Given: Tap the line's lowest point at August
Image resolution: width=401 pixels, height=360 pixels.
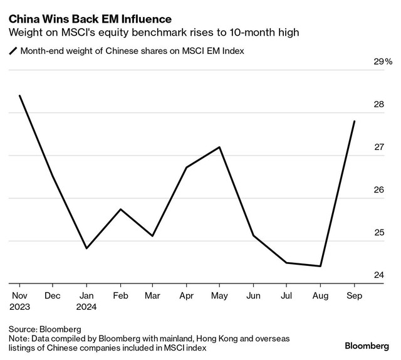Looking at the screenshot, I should (x=321, y=266).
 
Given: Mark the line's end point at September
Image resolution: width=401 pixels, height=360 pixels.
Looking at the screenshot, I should (x=355, y=121).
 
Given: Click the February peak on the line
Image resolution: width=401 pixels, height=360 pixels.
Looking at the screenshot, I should (x=120, y=209).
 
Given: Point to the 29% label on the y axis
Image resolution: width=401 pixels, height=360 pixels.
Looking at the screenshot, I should (x=382, y=62).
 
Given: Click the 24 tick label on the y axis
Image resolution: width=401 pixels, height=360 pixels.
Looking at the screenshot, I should (x=378, y=275).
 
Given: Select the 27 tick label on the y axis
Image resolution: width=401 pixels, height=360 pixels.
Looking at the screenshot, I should (x=378, y=147).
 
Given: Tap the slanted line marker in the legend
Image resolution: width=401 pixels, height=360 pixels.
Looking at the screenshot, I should (x=13, y=51).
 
